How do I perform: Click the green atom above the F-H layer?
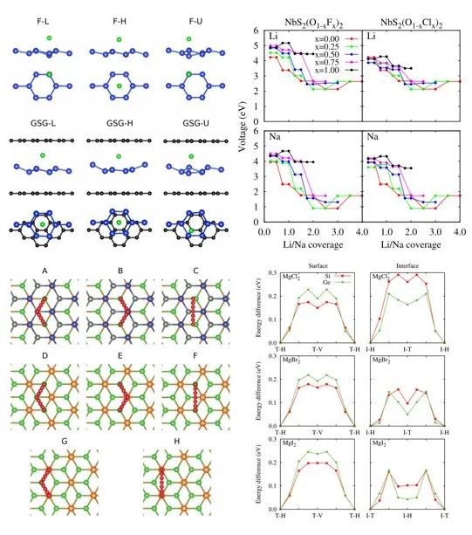pyautogui.click(x=119, y=39)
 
